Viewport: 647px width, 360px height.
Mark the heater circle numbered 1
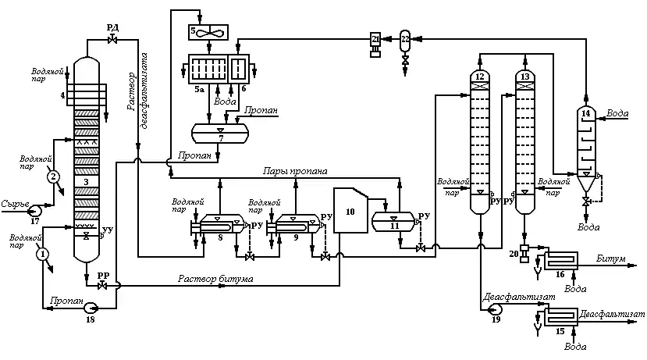[42, 253]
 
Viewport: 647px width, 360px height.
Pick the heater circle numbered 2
[53, 176]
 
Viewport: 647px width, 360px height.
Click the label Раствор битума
[215, 278]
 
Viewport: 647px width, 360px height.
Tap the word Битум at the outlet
[611, 258]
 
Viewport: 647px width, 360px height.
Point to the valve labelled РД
[112, 39]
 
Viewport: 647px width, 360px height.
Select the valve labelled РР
[103, 285]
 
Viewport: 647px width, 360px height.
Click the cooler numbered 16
[560, 262]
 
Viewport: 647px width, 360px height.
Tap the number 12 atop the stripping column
[479, 76]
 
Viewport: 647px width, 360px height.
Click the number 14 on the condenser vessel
[585, 114]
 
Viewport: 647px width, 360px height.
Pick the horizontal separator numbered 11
[394, 220]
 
